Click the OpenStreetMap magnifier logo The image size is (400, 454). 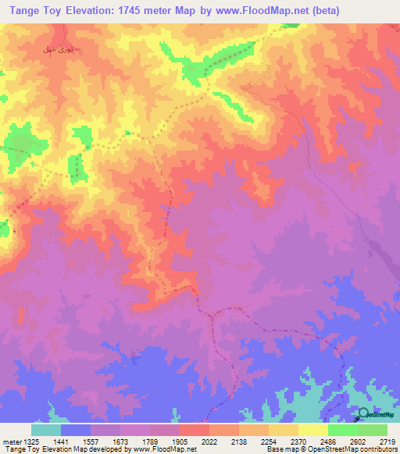pos(364,416)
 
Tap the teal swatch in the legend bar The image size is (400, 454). pos(46,430)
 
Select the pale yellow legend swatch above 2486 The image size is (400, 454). pos(312,430)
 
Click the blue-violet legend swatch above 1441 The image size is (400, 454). pos(76,430)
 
